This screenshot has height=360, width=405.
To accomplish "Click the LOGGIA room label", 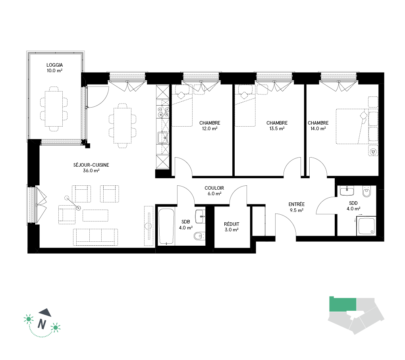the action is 54,65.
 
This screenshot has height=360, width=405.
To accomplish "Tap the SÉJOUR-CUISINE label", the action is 91,165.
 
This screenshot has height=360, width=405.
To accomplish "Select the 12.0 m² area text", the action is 210,129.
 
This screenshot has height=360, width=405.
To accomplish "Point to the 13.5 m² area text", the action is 277,129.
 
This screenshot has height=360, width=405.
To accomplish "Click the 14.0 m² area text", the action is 318,129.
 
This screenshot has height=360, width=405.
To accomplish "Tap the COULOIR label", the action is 214,188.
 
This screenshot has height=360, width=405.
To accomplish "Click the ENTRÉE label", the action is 297,204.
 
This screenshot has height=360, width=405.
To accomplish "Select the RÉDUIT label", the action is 231,224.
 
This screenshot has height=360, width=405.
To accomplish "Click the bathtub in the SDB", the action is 166,227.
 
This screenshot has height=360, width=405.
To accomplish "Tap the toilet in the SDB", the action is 199,236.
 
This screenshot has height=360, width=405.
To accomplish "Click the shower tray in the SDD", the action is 366,227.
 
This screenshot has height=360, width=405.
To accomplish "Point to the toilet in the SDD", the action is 366,191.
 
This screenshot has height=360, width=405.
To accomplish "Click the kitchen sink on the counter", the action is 163,138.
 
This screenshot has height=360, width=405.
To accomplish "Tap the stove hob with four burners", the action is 163,112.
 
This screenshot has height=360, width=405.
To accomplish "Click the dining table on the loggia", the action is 54,109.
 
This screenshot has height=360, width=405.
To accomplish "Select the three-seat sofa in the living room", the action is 95,237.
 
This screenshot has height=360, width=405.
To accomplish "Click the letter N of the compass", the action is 42,323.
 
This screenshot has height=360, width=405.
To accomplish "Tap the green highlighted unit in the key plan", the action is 343,304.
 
